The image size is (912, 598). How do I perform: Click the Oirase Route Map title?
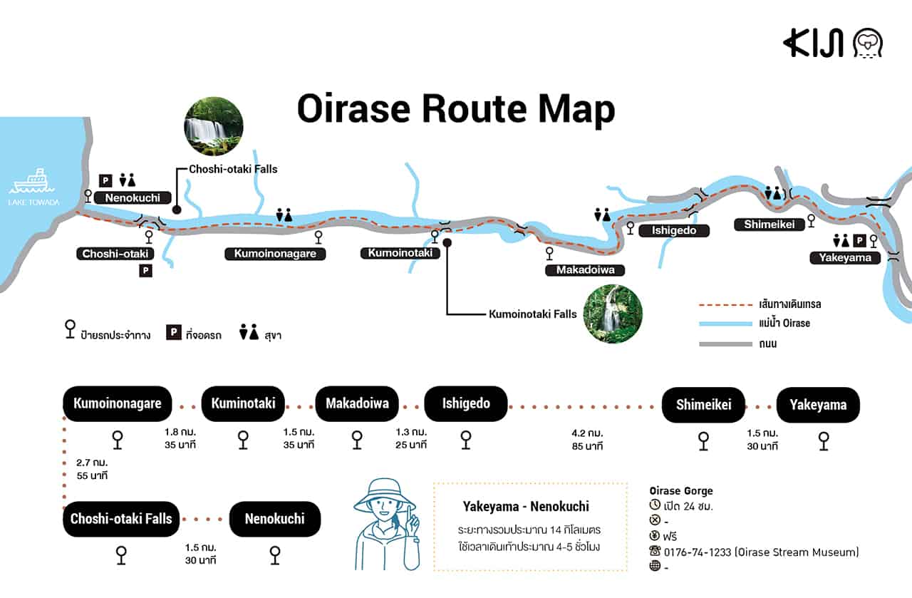(456, 110)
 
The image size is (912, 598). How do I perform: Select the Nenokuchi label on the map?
(133, 197)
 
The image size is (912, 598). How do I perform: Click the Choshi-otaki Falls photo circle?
(214, 126)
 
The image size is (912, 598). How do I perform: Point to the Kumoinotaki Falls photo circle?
(613, 314)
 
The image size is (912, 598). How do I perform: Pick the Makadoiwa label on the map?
(585, 270)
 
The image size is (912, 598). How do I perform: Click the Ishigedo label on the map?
(673, 230)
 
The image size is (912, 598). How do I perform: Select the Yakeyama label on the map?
(845, 257)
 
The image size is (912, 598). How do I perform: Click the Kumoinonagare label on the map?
(275, 254)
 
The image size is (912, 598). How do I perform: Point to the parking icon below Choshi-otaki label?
(145, 271)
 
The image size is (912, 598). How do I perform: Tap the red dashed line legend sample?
(723, 304)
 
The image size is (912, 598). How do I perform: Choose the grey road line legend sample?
(723, 344)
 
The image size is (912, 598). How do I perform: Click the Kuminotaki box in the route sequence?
(244, 404)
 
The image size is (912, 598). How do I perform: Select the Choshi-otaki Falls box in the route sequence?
(122, 519)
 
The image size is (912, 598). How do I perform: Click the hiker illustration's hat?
(384, 493)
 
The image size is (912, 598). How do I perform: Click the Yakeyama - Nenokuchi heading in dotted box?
(526, 507)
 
